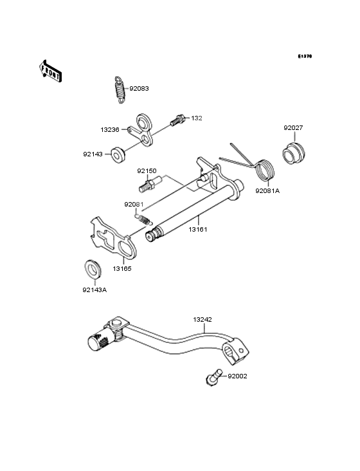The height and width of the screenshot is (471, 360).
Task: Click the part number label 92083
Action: coord(139,89)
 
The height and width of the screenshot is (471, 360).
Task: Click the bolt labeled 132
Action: coord(177,119)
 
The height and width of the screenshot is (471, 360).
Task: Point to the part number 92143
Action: coord(93,154)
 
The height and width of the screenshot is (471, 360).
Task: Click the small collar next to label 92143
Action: coord(118,154)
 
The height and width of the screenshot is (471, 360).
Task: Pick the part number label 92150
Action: coord(147,171)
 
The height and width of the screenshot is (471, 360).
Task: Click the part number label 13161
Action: coord(198,228)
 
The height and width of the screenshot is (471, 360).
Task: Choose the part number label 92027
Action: coord(294,127)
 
